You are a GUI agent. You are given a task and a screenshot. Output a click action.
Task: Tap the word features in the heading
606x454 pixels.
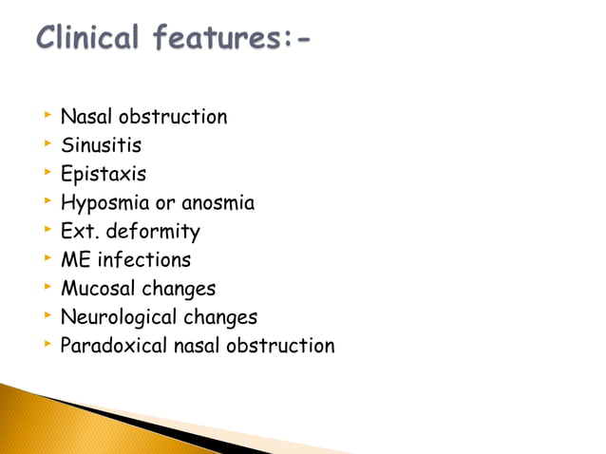click(215, 40)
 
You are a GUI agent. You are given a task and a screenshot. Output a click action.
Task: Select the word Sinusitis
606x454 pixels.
click(101, 146)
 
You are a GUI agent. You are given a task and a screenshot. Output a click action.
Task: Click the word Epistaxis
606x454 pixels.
click(104, 175)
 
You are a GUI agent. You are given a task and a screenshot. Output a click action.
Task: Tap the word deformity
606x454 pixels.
click(153, 232)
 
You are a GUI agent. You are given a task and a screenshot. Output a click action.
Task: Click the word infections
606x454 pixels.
click(144, 259)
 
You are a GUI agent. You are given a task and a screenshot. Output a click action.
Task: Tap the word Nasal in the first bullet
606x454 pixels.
click(86, 118)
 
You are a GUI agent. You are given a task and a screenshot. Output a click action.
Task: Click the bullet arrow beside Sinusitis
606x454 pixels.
click(46, 145)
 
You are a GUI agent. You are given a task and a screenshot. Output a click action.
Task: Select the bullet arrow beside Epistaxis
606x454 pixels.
click(46, 174)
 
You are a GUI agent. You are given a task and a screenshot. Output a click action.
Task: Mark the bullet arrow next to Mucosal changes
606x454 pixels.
click(46, 287)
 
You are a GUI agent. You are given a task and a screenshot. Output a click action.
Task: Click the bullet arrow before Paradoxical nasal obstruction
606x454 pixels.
click(46, 344)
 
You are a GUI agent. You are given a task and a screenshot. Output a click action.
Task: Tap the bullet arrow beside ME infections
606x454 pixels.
click(46, 258)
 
